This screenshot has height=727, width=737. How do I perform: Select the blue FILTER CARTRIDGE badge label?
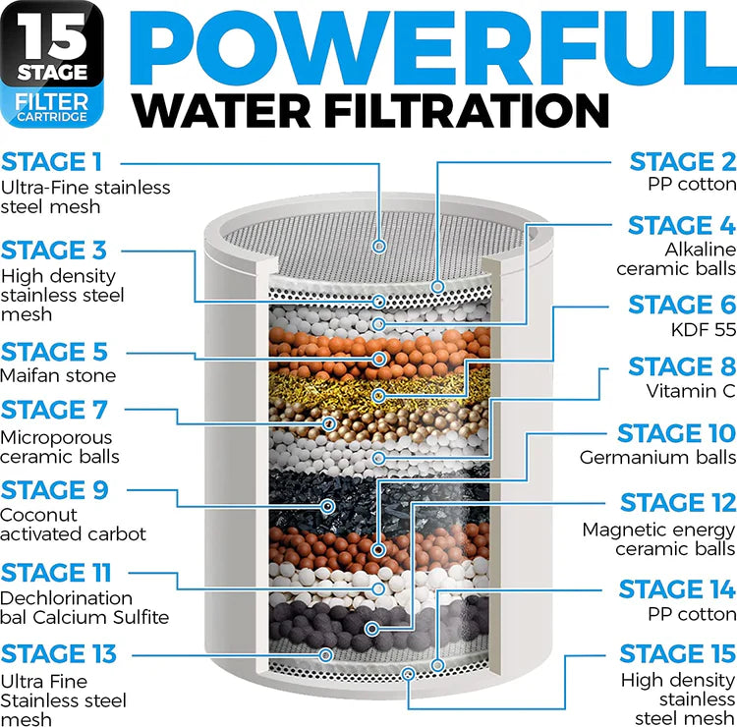[56, 108]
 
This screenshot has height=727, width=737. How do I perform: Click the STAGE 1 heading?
[52, 161]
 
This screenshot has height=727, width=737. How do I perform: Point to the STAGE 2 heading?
[682, 161]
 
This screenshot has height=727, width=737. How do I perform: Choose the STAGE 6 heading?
[682, 306]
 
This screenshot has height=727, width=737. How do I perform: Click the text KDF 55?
[704, 330]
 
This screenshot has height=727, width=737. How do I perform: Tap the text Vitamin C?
[690, 391]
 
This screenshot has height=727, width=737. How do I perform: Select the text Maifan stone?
[58, 375]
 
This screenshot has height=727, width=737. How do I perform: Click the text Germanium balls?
[657, 457]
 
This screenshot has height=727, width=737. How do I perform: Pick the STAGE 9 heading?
[55, 489]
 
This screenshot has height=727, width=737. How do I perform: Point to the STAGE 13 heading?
[58, 653]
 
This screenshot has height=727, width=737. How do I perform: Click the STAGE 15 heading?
[677, 654]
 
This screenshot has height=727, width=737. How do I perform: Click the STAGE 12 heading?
[678, 504]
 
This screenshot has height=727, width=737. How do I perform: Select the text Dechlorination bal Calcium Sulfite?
[85, 607]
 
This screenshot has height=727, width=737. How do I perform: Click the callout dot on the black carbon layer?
[327, 505]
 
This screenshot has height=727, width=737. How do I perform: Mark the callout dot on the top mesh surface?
[379, 246]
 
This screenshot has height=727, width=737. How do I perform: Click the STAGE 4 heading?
[682, 226]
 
